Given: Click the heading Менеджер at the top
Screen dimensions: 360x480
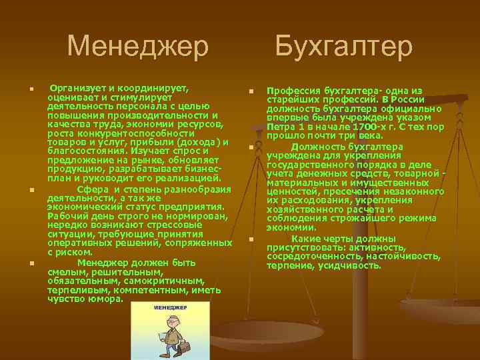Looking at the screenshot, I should (138, 47).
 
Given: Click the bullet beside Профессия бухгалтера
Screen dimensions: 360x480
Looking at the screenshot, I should (252, 91).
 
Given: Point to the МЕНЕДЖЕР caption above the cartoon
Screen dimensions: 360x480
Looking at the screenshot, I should (170, 308).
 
